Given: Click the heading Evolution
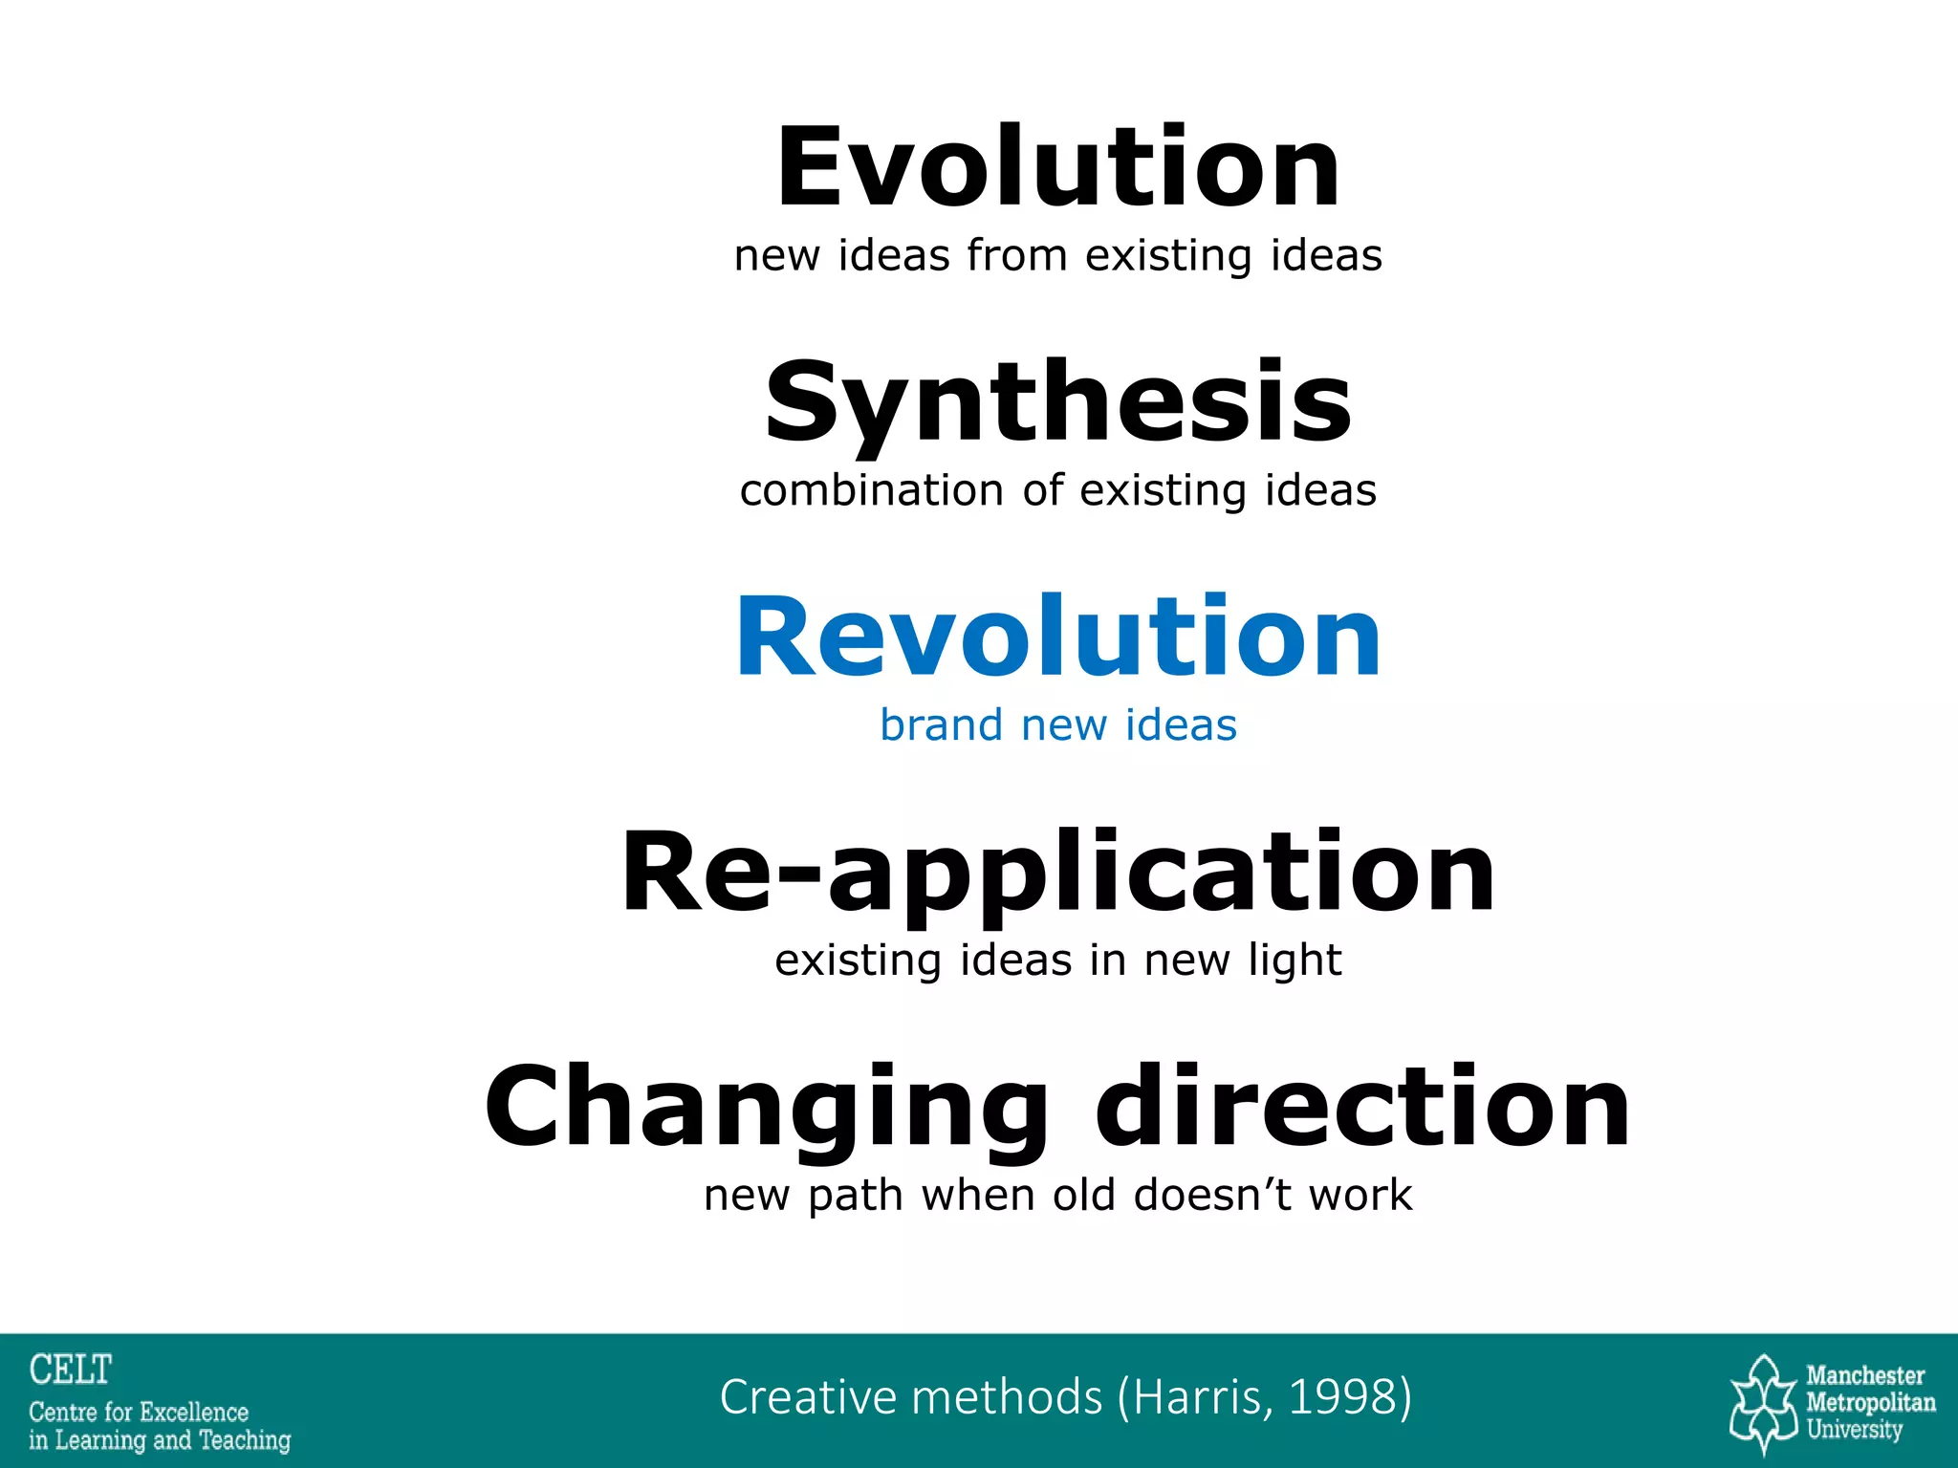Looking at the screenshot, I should coord(1058,168).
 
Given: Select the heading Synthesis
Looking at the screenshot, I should coord(1058,403).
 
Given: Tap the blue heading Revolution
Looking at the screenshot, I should coord(1058,637).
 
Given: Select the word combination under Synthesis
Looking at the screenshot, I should coord(871,490).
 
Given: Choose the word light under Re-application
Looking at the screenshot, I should coord(1294,961).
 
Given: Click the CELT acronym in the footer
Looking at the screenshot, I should coord(71,1370).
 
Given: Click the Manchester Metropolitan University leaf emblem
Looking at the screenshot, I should coord(1765,1402).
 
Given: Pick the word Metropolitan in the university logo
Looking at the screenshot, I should coord(1870,1403).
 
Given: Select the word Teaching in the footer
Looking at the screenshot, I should coord(245,1440).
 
